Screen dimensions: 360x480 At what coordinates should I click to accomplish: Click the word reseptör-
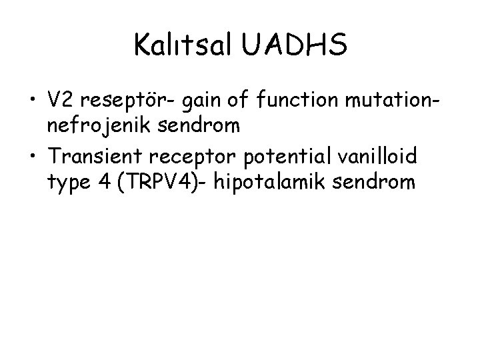[126, 101]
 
